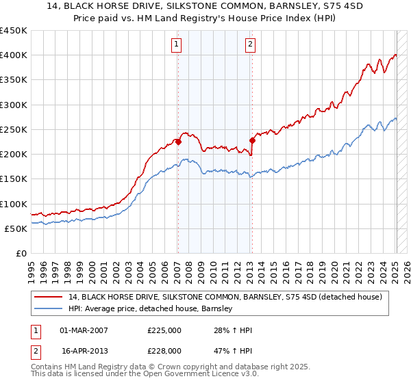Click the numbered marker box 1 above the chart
point(176,45)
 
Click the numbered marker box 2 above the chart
point(250,45)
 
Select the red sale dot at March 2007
point(178,142)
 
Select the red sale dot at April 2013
point(252,141)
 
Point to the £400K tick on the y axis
point(13,55)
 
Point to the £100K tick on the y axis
point(13,204)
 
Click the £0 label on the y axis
point(20,253)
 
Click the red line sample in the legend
point(49,297)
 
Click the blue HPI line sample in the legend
point(49,308)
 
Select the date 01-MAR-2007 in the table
point(84,330)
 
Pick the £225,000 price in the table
point(164,330)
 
